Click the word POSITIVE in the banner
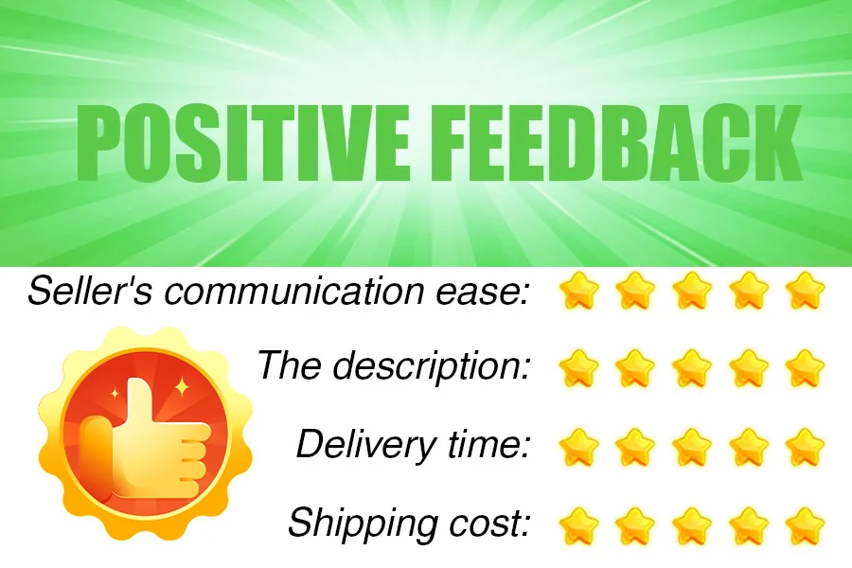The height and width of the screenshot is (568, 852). (x=243, y=141)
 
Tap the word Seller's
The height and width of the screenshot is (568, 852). (x=91, y=291)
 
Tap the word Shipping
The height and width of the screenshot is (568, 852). (x=363, y=524)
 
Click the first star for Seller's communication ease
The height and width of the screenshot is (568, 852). (x=578, y=291)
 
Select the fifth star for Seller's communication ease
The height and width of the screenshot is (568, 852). (x=805, y=291)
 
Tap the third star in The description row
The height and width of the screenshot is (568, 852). (x=692, y=368)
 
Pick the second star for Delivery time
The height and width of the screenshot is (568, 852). (x=635, y=448)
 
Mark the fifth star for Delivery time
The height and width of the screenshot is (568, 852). (x=805, y=448)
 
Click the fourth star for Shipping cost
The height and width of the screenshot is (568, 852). (x=748, y=526)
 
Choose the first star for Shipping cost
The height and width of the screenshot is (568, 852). (x=578, y=526)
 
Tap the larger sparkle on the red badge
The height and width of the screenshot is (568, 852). (x=182, y=387)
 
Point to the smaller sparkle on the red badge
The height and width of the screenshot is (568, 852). (x=115, y=393)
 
